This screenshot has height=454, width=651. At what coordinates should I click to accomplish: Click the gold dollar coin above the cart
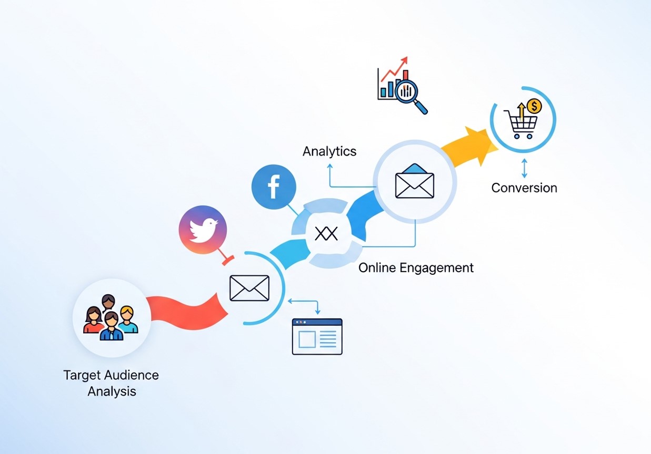534,107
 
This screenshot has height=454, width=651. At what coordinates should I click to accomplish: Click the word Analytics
329,152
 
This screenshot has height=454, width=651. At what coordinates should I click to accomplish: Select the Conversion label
524,188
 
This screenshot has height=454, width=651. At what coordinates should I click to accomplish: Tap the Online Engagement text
416,268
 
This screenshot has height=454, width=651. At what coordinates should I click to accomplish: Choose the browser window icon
317,336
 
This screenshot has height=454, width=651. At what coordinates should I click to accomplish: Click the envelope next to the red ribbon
249,288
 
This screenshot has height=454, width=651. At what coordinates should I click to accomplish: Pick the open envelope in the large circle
415,182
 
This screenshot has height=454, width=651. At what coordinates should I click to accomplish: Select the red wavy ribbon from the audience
187,311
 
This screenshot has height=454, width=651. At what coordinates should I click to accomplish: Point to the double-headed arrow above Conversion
524,168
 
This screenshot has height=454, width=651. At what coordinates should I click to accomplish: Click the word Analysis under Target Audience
112,391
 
